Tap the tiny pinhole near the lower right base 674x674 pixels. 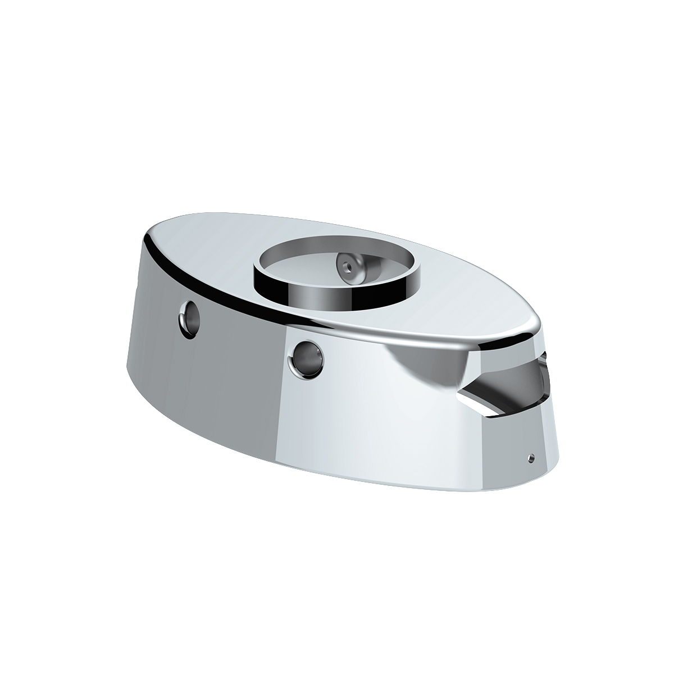coord(530,458)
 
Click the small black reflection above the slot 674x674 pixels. coord(543,357)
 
